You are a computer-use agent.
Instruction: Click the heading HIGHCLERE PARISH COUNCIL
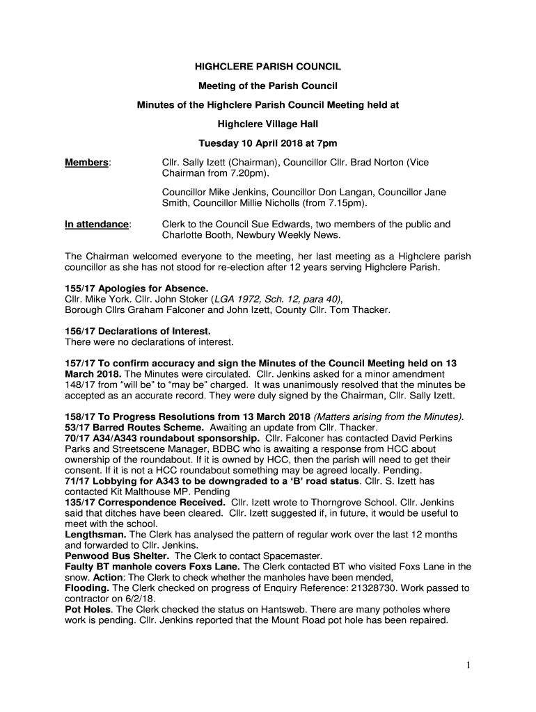tap(267, 67)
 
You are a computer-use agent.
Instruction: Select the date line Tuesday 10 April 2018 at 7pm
tap(267, 144)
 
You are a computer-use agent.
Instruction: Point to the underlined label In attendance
tap(97, 225)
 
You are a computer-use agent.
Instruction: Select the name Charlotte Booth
tap(196, 236)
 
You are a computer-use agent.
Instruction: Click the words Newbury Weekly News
tap(292, 236)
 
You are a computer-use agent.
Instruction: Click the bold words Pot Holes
tap(87, 610)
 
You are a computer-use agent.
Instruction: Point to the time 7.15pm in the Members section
tap(347, 204)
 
